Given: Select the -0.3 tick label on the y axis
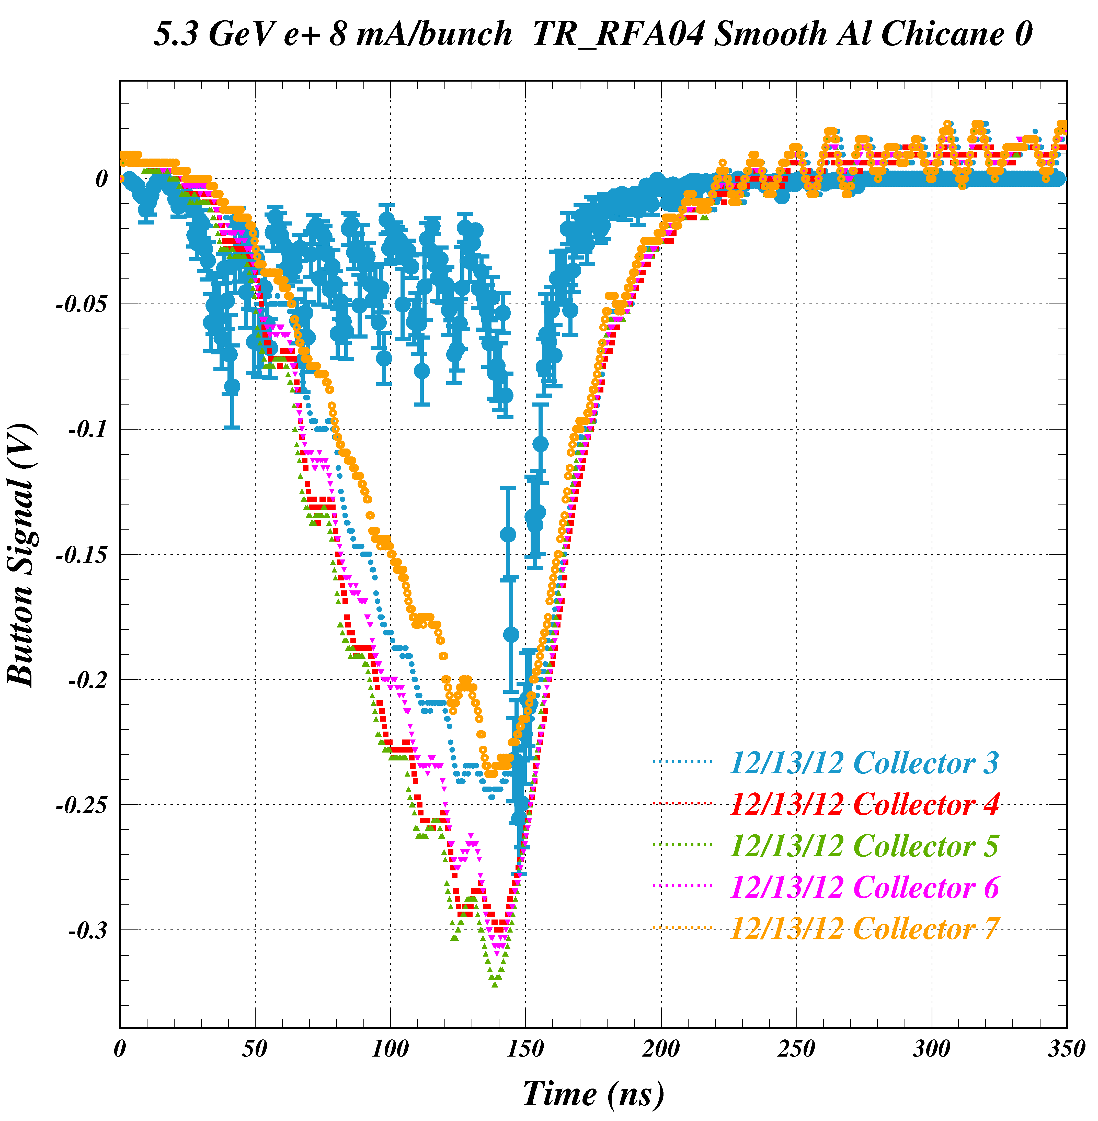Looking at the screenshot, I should (88, 931).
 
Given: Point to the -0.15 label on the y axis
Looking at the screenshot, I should (81, 555).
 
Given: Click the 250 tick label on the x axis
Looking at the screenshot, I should (796, 1049).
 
